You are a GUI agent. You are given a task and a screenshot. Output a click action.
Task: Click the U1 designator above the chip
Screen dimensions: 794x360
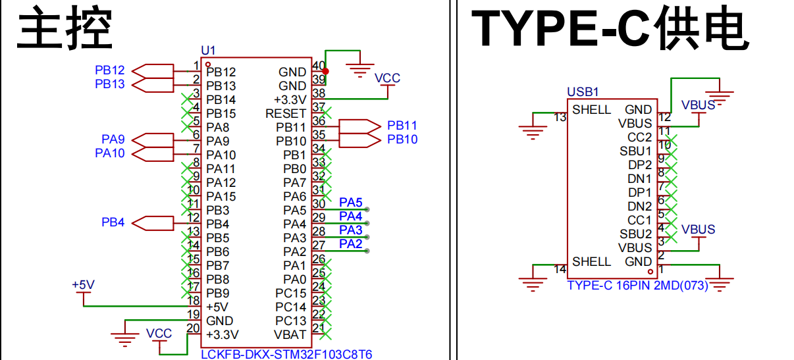click(x=208, y=51)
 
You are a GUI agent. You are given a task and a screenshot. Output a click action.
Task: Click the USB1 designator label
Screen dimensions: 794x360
click(x=583, y=91)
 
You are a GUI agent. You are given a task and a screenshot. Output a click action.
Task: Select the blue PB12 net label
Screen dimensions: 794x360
click(x=109, y=70)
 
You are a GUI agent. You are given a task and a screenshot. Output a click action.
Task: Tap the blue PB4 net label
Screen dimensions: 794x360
click(x=113, y=222)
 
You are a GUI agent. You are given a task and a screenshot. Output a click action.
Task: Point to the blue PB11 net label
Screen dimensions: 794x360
click(x=402, y=126)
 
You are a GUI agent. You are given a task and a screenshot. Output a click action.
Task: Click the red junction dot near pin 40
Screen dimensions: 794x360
click(x=325, y=71)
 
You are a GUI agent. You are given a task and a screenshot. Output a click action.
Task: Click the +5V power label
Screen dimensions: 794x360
click(x=84, y=285)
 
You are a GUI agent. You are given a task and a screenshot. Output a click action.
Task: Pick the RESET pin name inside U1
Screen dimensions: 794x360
click(x=286, y=113)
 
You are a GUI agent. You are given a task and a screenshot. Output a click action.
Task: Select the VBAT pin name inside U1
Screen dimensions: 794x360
click(x=290, y=334)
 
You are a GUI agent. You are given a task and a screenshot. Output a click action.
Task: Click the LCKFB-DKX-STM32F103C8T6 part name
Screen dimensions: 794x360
click(x=286, y=354)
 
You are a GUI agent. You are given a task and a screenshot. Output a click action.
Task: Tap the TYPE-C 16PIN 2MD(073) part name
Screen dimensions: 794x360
click(x=638, y=285)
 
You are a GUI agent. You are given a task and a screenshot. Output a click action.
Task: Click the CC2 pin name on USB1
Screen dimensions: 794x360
click(x=639, y=137)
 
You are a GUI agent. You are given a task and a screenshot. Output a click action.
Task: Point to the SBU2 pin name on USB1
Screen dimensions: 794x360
click(x=635, y=234)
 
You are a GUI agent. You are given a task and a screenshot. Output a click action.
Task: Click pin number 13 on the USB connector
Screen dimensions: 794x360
click(x=560, y=117)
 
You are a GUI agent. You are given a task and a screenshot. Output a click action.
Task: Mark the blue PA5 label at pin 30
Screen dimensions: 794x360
click(x=350, y=202)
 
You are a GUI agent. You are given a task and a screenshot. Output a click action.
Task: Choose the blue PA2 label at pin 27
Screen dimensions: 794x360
click(x=350, y=244)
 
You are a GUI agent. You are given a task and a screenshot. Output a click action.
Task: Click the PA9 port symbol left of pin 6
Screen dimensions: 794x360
click(x=153, y=141)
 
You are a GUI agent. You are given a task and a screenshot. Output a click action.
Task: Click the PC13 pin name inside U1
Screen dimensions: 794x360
click(x=290, y=321)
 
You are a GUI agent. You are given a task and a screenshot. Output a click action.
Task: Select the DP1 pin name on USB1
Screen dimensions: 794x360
click(x=640, y=192)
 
